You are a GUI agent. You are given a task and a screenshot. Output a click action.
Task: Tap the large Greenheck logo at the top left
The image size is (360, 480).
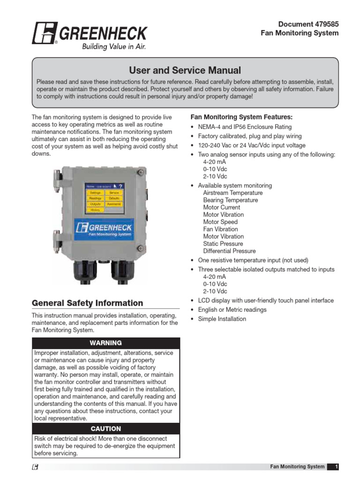click(89, 34)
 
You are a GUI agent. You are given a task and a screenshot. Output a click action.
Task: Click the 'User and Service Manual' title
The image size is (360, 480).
click(185, 70)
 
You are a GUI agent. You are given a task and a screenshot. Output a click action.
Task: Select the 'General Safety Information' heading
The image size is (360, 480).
click(87, 303)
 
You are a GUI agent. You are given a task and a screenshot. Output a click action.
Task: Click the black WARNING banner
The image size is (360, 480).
click(106, 343)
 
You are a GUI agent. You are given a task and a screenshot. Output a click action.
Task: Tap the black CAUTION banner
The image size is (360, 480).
click(106, 428)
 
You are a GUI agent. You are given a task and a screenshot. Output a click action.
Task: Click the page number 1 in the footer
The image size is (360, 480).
click(336, 466)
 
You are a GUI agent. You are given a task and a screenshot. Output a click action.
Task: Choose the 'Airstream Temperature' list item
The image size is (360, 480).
click(232, 193)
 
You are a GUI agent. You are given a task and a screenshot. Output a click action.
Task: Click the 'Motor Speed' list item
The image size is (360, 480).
click(220, 222)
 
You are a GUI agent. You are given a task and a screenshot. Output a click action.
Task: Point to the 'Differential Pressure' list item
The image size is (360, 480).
click(229, 251)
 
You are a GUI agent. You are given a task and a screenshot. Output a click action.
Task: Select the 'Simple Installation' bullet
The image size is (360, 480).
click(222, 319)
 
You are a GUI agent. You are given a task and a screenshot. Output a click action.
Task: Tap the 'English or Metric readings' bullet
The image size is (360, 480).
click(232, 309)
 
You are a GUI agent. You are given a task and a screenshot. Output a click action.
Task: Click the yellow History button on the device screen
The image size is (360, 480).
click(95, 210)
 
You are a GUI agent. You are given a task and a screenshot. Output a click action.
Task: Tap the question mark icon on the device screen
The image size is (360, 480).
click(121, 186)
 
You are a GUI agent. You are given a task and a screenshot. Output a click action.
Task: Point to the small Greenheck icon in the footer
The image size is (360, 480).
click(36, 467)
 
